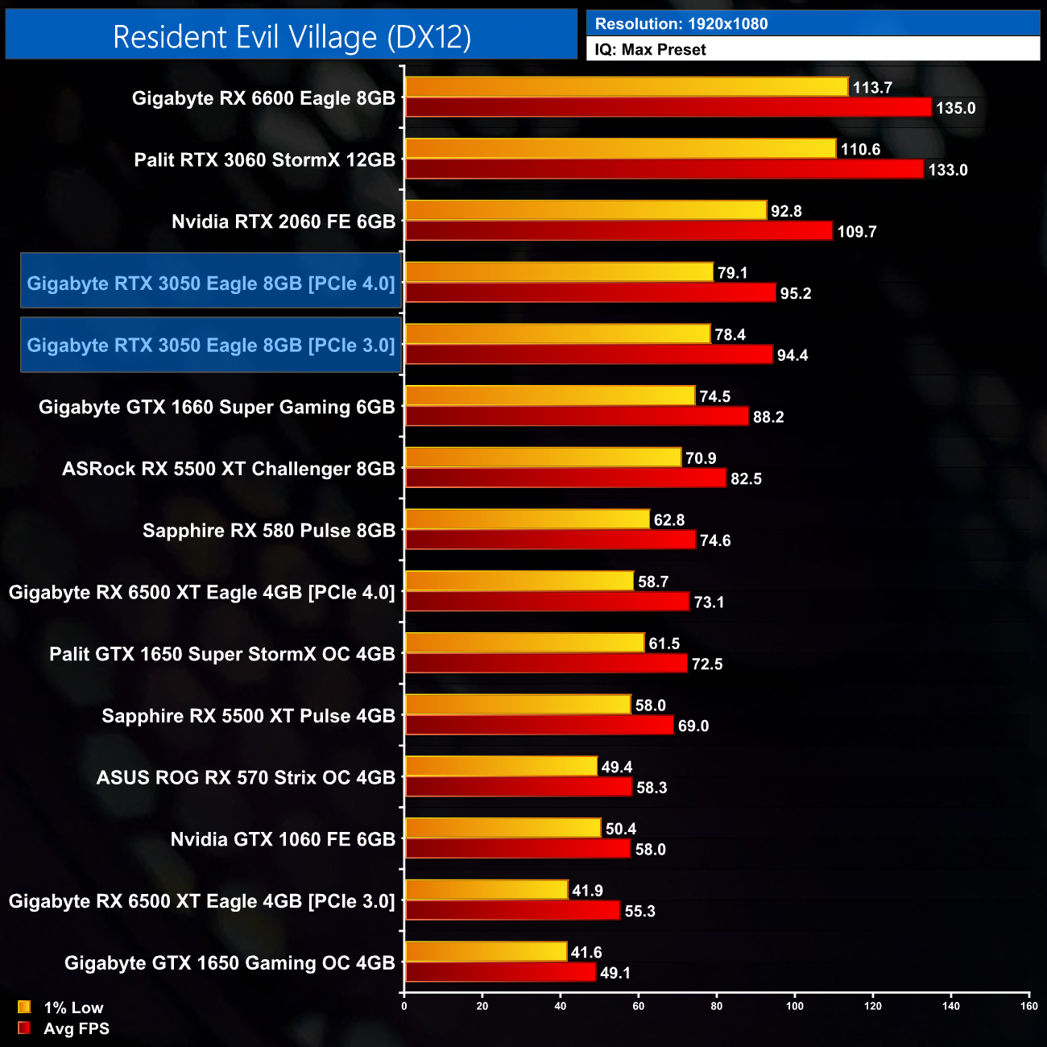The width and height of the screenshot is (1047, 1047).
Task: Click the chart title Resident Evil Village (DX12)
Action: coord(292,37)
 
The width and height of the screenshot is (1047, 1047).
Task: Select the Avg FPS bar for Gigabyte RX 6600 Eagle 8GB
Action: coord(668,107)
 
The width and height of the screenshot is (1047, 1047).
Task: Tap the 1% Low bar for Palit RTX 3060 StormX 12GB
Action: coord(621,149)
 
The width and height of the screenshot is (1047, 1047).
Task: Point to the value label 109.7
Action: coord(857,232)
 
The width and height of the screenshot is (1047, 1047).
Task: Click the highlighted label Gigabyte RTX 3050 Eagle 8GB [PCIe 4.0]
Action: coord(211,283)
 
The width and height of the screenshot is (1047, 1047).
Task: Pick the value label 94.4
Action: coord(792,355)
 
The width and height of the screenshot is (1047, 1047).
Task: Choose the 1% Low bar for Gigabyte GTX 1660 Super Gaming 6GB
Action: coord(550,395)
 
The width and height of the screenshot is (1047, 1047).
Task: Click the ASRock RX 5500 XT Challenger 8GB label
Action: coord(229,469)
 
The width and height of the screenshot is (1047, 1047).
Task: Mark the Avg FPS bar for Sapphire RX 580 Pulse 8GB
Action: coord(550,540)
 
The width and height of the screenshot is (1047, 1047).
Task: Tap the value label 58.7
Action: coord(653,581)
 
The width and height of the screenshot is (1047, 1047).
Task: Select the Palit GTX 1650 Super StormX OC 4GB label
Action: coord(222,654)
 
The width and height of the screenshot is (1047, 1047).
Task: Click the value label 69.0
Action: coord(693,726)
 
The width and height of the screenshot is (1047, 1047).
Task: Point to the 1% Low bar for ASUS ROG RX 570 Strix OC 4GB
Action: coord(501,766)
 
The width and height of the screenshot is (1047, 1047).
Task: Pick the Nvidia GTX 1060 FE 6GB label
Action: coord(283,839)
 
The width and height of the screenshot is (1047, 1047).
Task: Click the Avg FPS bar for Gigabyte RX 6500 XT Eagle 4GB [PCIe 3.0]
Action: coord(513,910)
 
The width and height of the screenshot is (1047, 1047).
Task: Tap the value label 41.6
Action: coord(586,953)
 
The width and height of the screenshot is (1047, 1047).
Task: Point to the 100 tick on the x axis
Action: coord(795,1006)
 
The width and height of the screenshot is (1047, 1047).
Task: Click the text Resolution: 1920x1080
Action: coord(681,24)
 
